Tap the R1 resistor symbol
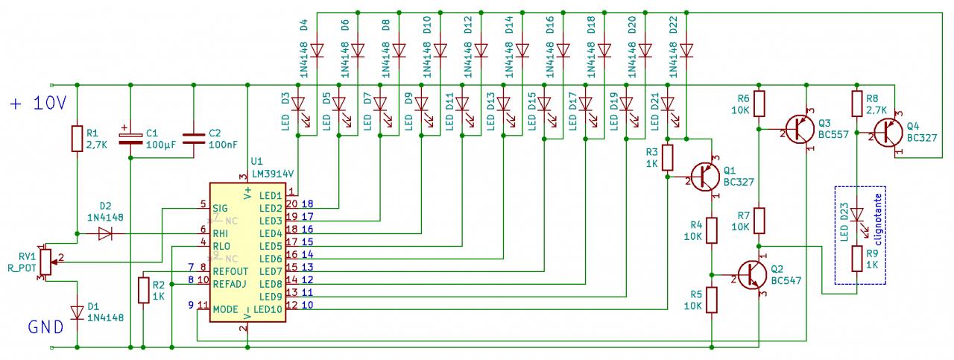pos(78,138)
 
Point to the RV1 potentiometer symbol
pos(45,259)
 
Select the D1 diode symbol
pos(78,313)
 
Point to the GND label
pos(43,327)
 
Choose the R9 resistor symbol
pos(858,259)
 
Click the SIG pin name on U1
pos(221,208)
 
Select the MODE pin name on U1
pos(225,309)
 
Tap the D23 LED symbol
pos(858,216)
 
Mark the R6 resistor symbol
pos(759,104)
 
